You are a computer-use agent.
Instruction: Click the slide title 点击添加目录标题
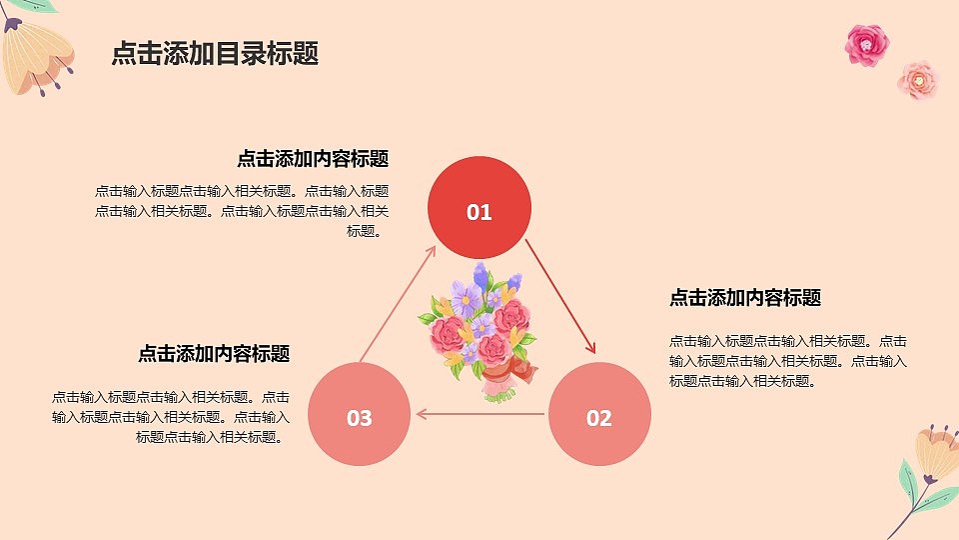(x=215, y=54)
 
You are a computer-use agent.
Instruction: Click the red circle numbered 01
(x=479, y=209)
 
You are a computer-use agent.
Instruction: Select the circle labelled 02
(x=599, y=414)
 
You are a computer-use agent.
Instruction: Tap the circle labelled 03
(x=360, y=415)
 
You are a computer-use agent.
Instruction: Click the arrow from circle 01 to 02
(x=560, y=296)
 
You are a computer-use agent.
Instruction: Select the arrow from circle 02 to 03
(x=480, y=413)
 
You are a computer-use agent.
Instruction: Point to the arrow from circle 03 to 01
(x=397, y=302)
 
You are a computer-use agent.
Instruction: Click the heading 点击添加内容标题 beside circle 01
(x=312, y=159)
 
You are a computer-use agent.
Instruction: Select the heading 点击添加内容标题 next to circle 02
(x=744, y=298)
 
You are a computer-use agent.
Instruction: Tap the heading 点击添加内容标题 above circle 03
(x=214, y=354)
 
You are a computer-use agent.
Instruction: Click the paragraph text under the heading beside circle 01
(x=242, y=211)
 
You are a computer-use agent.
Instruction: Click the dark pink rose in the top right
(x=866, y=44)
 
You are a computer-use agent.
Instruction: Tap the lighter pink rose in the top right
(x=917, y=80)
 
